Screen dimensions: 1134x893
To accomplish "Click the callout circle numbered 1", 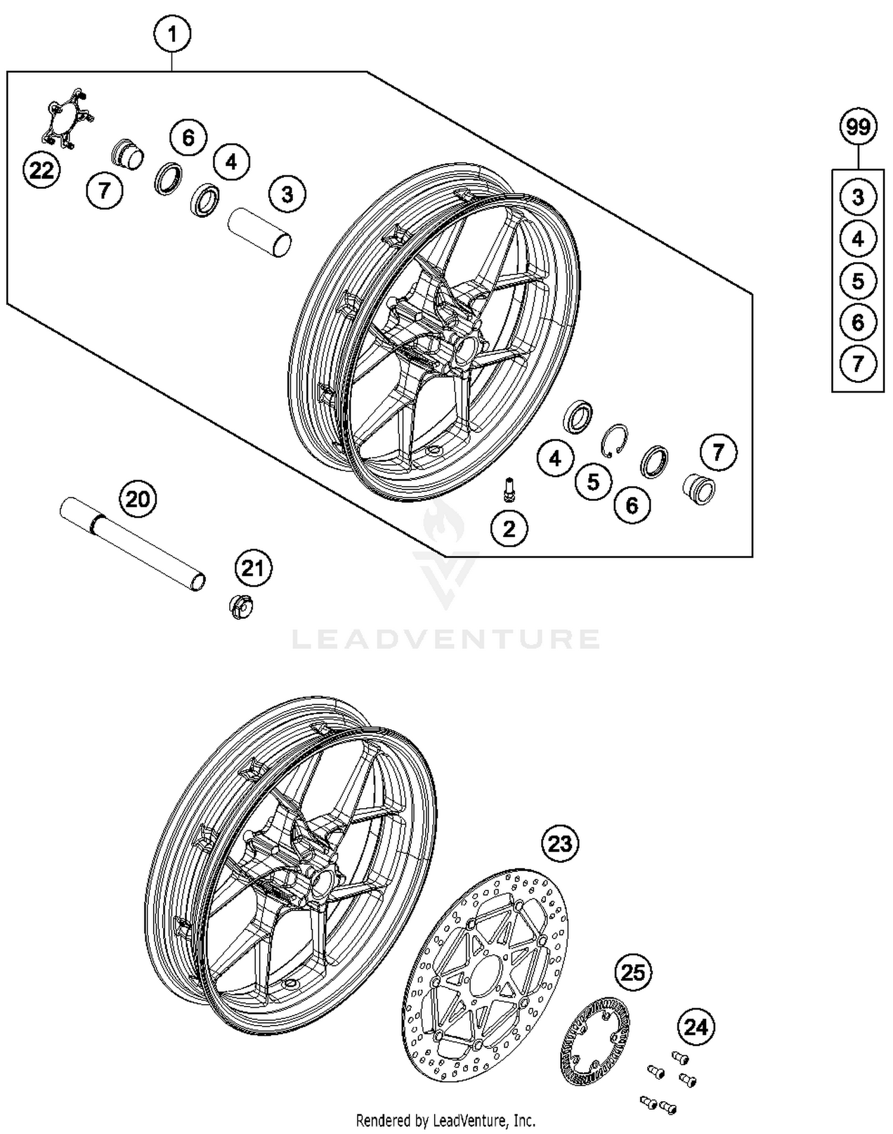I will coord(172,35).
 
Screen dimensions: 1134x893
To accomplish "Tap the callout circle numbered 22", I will coord(41,171).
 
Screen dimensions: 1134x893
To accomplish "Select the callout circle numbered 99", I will coord(858,127).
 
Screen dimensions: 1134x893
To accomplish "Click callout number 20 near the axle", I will coord(138,499).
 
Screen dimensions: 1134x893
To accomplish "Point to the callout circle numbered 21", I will coord(253,568).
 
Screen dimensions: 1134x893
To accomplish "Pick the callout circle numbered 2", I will coord(509,528).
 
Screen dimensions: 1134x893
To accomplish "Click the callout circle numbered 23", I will coord(560,843).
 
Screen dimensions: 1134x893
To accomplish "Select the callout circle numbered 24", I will coord(696,1027).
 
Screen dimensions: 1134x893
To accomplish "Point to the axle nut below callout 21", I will coord(241,607).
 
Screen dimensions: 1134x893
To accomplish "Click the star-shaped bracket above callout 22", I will coord(65,118).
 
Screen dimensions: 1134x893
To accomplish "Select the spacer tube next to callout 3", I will coord(261,231).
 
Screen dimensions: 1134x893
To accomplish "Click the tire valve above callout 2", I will coord(509,490).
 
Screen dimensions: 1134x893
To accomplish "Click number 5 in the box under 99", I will coord(858,281).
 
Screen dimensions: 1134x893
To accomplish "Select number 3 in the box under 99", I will coord(858,197).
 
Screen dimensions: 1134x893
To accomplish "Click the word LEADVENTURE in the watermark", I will coord(445,639).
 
